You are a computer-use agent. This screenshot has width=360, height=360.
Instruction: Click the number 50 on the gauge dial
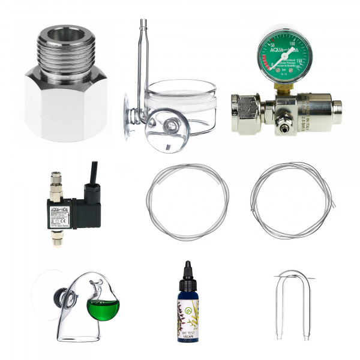[x=268, y=47]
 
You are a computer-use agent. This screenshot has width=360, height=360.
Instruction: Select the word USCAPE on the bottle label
[x=187, y=336]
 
